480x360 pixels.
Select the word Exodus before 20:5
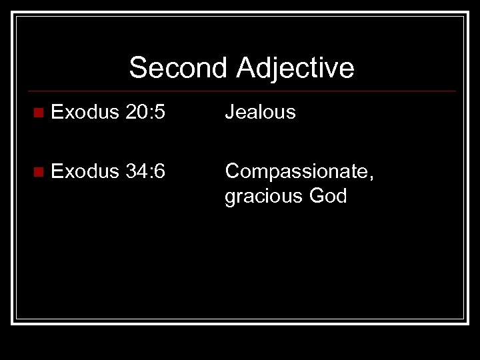[x=84, y=112]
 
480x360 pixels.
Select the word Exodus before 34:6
[x=84, y=171]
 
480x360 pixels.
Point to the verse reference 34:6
[x=147, y=171]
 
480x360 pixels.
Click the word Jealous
[x=261, y=112]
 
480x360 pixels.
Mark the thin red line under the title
[x=244, y=91]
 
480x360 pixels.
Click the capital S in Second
[x=137, y=68]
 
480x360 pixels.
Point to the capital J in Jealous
[x=229, y=112]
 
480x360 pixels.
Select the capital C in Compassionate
[x=233, y=171]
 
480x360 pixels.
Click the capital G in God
[x=316, y=197]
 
